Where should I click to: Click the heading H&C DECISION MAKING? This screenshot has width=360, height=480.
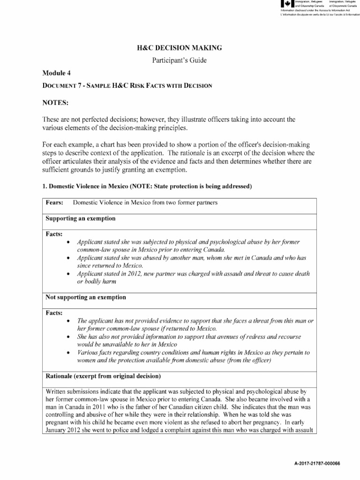(x=180, y=48)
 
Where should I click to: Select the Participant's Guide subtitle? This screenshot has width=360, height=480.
(x=180, y=60)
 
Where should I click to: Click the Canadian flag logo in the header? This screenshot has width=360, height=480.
(x=285, y=4)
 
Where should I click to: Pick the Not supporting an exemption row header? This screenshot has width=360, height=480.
(x=85, y=297)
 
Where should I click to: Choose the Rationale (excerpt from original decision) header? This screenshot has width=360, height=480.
(x=103, y=376)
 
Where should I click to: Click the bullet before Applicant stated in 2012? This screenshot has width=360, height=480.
(x=69, y=273)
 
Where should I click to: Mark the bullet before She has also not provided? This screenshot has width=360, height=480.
(x=69, y=337)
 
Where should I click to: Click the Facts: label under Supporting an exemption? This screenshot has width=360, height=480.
(x=54, y=233)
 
